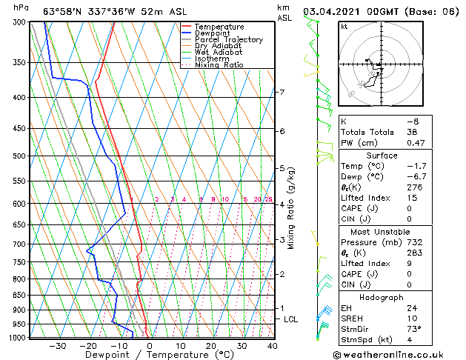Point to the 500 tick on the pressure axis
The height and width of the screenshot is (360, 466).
(x=19, y=156)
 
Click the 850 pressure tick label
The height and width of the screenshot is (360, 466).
(x=19, y=295)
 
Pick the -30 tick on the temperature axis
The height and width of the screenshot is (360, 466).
(x=57, y=346)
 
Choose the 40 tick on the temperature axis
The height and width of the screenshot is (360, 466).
(x=273, y=346)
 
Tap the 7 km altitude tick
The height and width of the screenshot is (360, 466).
(x=281, y=93)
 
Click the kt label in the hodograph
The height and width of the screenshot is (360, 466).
(x=344, y=26)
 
